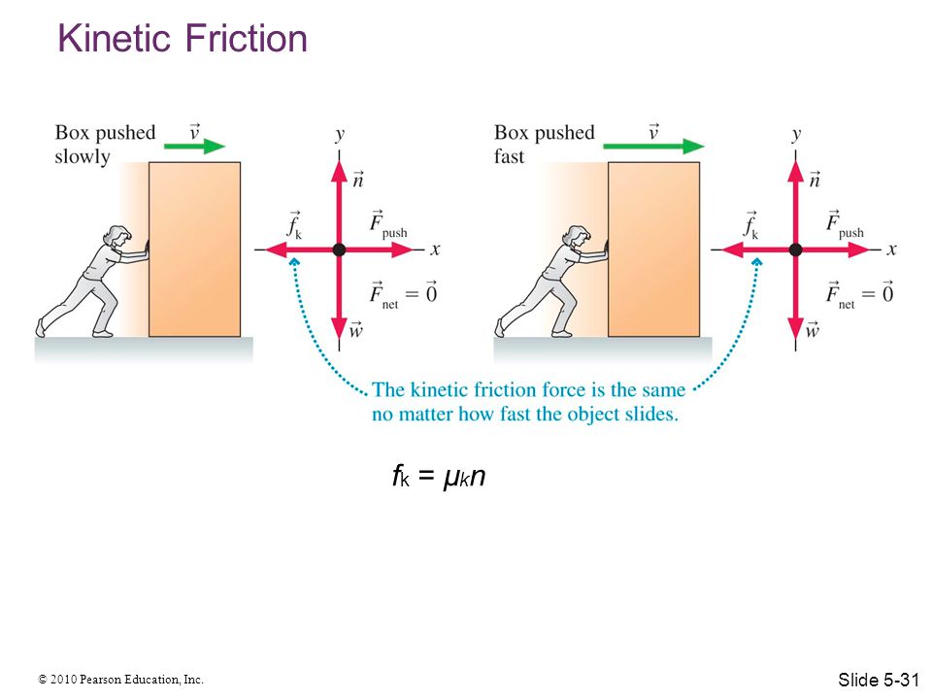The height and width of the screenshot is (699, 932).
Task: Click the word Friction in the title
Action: click(246, 39)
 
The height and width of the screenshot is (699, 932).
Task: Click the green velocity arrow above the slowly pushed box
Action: click(195, 146)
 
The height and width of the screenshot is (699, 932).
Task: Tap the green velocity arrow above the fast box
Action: click(653, 146)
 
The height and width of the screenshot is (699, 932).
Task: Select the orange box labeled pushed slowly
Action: click(194, 250)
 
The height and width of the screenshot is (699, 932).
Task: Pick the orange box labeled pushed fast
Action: click(653, 250)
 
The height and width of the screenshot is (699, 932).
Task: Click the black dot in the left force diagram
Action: click(340, 250)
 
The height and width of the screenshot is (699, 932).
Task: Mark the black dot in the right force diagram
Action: click(796, 250)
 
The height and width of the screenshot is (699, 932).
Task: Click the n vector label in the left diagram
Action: click(358, 179)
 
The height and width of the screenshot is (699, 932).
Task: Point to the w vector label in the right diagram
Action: click(812, 329)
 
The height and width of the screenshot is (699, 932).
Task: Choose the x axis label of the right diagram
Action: click(891, 250)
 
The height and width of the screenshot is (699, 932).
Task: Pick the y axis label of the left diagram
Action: click(340, 135)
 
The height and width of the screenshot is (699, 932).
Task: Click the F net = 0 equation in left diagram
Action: click(403, 293)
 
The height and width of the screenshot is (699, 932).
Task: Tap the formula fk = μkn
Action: click(439, 476)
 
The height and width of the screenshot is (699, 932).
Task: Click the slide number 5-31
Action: click(879, 680)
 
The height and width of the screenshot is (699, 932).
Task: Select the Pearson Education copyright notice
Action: click(120, 679)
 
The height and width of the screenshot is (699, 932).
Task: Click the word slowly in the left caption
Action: click(83, 157)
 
